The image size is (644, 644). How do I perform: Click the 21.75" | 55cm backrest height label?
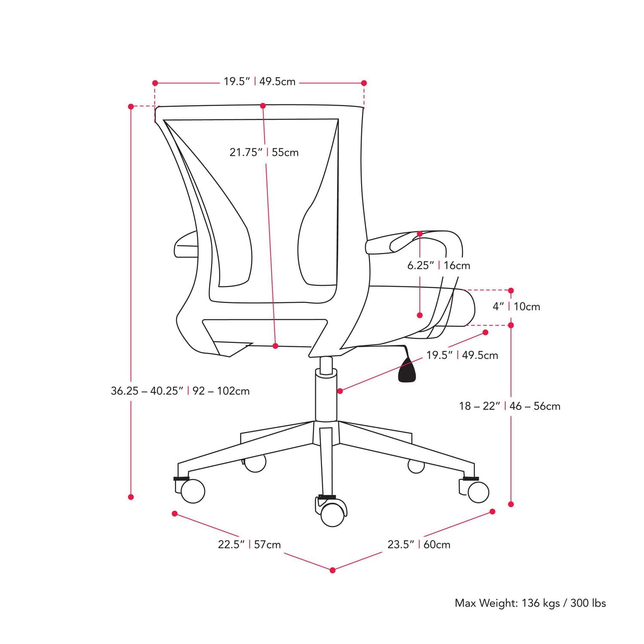coord(264,152)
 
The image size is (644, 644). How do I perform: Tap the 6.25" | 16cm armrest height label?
coord(438,265)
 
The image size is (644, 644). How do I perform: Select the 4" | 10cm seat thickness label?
coord(516,307)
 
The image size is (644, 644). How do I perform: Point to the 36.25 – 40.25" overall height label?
coord(180,391)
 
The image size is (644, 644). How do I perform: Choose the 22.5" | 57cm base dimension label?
coord(249,544)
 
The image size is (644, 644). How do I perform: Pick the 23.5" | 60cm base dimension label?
coord(419,544)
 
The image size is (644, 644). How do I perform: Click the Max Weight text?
coord(530,603)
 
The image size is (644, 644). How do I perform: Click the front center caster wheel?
coord(333,513)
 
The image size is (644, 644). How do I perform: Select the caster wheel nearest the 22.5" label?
coord(192,491)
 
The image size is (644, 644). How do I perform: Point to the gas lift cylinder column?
coord(326,397)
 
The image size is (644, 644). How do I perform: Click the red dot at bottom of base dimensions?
coord(333,570)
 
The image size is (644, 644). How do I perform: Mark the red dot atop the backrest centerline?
coord(263,106)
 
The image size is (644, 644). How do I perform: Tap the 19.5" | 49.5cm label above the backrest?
coord(259,82)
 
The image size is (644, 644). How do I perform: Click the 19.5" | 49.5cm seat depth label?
coord(462,355)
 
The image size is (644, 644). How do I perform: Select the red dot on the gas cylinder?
coord(340,391)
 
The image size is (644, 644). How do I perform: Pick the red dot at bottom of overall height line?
coord(131,497)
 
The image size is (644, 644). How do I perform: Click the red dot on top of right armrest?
coord(419,234)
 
